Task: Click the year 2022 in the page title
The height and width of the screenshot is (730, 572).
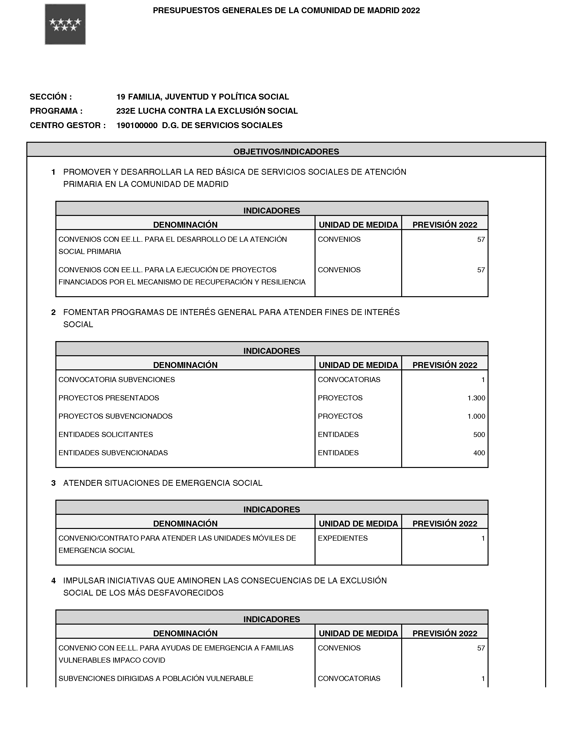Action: click(x=411, y=11)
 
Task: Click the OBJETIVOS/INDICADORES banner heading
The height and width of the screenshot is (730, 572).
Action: click(x=286, y=152)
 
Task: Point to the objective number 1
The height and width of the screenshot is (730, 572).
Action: click(x=53, y=172)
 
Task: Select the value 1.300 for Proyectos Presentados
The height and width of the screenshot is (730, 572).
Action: click(x=476, y=398)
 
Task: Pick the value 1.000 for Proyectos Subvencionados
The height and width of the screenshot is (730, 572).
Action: click(x=476, y=416)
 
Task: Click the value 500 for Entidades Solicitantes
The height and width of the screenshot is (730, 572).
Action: click(x=479, y=435)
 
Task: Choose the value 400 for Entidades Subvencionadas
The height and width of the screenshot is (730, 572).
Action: click(x=479, y=453)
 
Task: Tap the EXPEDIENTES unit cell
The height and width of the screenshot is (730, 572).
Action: click(x=343, y=538)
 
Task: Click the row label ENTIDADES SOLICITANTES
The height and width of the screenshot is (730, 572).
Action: click(x=105, y=435)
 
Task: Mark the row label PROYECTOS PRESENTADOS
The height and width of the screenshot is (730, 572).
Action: click(x=109, y=398)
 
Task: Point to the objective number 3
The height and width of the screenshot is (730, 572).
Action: click(x=53, y=483)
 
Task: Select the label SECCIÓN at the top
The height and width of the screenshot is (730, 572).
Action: click(x=51, y=97)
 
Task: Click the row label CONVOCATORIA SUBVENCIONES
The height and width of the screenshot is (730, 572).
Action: click(x=117, y=380)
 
